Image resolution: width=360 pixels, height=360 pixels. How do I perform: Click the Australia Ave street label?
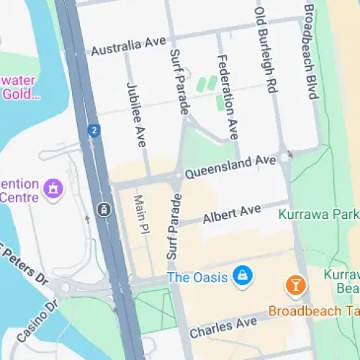pos(129,46)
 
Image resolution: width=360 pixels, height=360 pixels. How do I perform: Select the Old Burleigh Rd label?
pos(266,46)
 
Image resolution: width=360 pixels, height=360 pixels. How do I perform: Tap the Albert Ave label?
pos(231,214)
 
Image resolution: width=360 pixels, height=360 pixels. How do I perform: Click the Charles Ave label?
pos(223,328)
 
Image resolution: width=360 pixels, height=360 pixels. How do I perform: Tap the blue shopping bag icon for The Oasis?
pos(243,276)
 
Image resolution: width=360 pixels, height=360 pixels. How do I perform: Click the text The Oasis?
pos(197,277)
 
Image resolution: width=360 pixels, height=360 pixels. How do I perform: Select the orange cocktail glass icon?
pos(295,286)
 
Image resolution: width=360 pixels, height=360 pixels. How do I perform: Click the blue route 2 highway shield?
pos(93,130)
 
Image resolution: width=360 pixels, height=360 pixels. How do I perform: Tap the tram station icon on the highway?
pos(104,210)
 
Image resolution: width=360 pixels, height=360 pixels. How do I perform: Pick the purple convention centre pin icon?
pos(52,189)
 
